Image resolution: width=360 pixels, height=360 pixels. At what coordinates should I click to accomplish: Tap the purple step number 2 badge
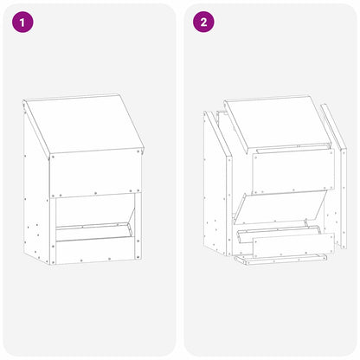(x=203, y=22)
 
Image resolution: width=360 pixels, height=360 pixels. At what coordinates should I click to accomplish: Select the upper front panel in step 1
(x=95, y=173)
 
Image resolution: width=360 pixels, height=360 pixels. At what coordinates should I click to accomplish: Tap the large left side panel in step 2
(x=215, y=190)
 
